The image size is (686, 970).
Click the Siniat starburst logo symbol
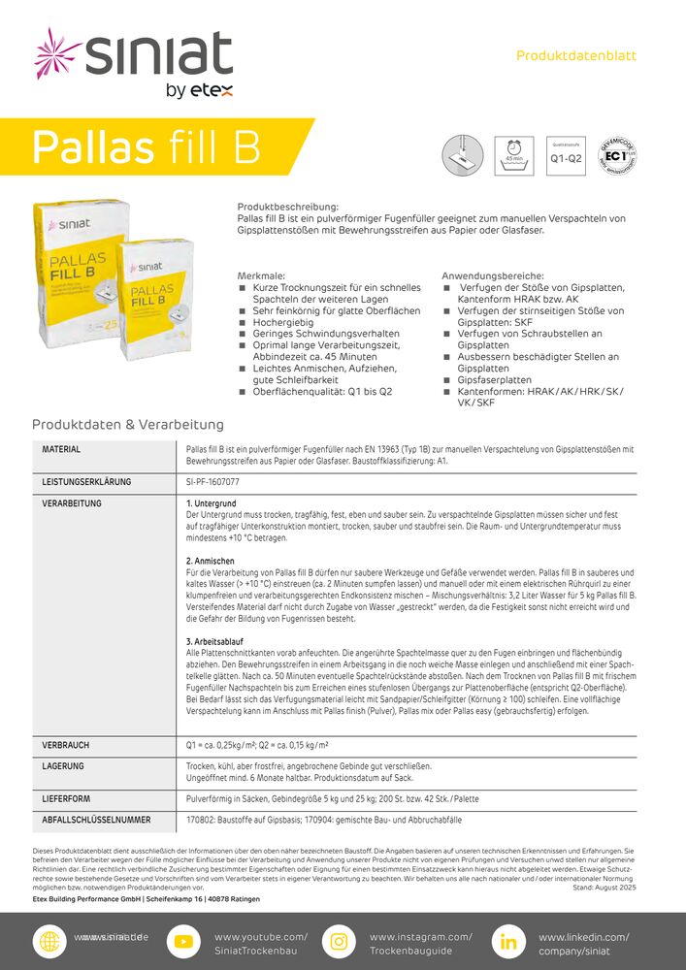[x=57, y=55]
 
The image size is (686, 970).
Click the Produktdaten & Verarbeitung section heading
[x=128, y=425]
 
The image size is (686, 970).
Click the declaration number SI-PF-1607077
[x=213, y=481]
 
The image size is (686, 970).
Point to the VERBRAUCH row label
[x=66, y=745]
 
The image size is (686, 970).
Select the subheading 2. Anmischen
[x=211, y=562]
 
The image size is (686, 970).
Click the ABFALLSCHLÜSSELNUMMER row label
[x=96, y=821]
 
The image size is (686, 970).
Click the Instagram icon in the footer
[x=339, y=942]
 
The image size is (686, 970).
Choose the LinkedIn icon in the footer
[x=507, y=942]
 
